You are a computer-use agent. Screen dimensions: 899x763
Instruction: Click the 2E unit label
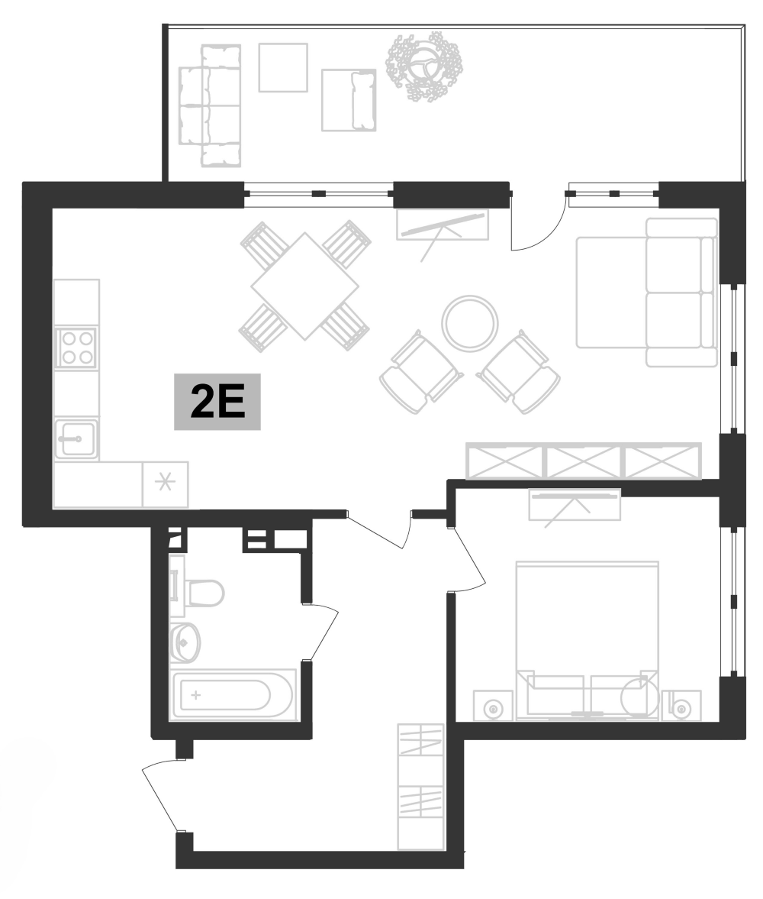pyautogui.click(x=217, y=402)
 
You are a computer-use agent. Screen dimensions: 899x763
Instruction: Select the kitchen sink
pyautogui.click(x=76, y=438)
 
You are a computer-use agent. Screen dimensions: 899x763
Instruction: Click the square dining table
pyautogui.click(x=304, y=286)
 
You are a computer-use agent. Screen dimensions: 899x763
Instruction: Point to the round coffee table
pyautogui.click(x=470, y=323)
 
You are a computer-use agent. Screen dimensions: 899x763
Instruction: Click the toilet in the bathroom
pyautogui.click(x=202, y=592)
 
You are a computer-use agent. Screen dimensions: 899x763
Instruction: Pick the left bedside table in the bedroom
pyautogui.click(x=493, y=707)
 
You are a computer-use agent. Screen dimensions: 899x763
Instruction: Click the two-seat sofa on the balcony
pyautogui.click(x=210, y=105)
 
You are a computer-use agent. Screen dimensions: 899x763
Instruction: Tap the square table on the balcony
pyautogui.click(x=282, y=68)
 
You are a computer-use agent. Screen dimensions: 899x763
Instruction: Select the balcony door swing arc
pyautogui.click(x=538, y=225)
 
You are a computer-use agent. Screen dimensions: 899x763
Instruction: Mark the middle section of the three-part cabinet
pyautogui.click(x=584, y=461)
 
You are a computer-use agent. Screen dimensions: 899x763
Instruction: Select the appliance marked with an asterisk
pyautogui.click(x=165, y=483)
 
